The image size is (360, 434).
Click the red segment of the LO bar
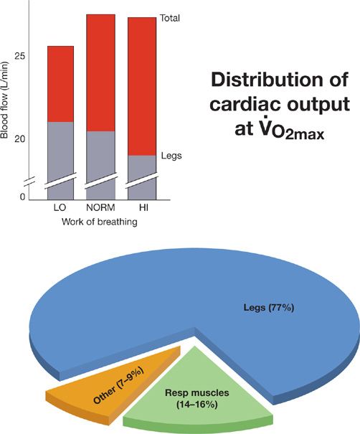[x=60, y=84]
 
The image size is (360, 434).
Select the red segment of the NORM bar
[x=100, y=72]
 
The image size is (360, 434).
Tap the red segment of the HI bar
[x=141, y=86]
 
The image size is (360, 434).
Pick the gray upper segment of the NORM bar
[x=100, y=154]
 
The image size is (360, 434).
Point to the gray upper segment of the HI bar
[x=141, y=165]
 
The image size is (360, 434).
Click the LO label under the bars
[x=60, y=208]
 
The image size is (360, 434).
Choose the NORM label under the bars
[x=100, y=208]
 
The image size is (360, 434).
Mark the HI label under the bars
[x=141, y=208]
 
